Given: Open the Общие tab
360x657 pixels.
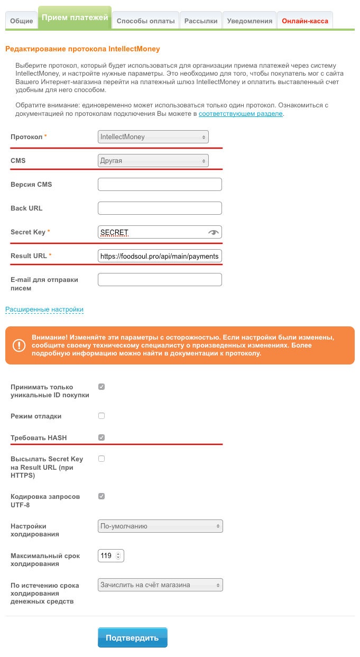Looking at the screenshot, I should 21,21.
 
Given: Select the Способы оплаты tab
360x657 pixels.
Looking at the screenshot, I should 145,21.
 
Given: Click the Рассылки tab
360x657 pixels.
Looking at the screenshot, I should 201,21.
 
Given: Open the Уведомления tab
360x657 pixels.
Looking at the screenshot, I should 250,21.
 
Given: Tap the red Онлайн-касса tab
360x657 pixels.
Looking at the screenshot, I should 305,21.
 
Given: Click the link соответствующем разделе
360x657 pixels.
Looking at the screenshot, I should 241,114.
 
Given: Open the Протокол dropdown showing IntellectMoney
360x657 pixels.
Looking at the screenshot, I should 153,137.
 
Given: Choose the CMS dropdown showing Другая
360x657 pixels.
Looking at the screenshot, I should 153,160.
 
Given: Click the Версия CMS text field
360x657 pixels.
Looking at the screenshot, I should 160,185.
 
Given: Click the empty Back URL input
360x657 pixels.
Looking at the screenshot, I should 160,208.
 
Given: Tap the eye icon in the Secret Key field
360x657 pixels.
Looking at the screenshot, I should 214,232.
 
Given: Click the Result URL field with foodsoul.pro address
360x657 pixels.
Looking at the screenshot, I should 160,256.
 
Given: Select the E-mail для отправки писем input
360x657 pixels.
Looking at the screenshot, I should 160,280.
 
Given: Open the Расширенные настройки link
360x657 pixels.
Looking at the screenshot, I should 44,309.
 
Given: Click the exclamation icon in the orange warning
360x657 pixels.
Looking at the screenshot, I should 19,345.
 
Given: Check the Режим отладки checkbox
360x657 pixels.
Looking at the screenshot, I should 101,416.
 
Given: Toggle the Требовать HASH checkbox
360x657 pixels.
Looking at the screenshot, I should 101,437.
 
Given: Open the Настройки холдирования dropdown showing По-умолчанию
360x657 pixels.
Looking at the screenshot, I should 160,526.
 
